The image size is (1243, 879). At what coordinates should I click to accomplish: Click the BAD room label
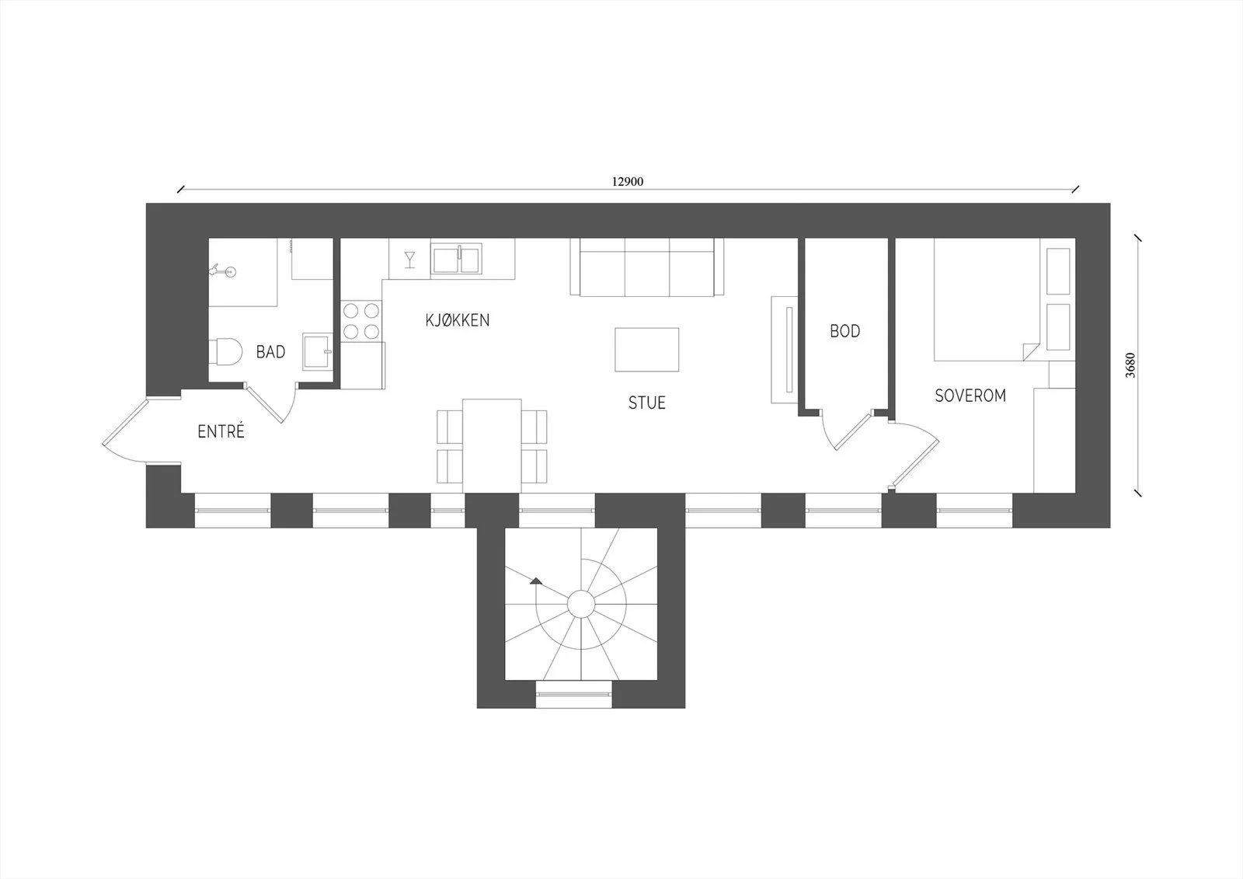click(x=271, y=352)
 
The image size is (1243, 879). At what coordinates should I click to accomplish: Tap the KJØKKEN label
click(x=458, y=320)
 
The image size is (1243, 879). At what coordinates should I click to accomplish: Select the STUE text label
click(x=647, y=403)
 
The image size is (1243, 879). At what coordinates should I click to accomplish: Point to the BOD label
click(x=845, y=331)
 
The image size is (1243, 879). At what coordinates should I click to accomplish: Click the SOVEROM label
click(x=970, y=396)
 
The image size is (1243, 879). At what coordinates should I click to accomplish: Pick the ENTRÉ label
click(x=221, y=431)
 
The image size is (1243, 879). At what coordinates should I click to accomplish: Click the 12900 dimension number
click(x=628, y=182)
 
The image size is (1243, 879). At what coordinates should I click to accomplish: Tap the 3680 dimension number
click(x=1130, y=365)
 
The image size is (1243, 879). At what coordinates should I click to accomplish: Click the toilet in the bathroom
click(x=226, y=351)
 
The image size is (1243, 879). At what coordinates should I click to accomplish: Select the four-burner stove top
click(x=361, y=321)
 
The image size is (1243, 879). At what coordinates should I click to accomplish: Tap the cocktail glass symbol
click(x=410, y=260)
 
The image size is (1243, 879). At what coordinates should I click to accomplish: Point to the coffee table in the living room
click(x=647, y=349)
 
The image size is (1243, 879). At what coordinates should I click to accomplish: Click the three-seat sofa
click(x=647, y=267)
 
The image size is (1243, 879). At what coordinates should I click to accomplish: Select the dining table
click(x=493, y=445)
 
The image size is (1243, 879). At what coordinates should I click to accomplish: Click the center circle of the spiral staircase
click(x=581, y=604)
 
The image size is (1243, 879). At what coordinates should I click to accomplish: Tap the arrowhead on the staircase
click(x=535, y=581)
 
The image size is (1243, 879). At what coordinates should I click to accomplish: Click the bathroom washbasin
click(x=318, y=351)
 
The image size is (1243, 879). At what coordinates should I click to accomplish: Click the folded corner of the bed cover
click(x=1030, y=351)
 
